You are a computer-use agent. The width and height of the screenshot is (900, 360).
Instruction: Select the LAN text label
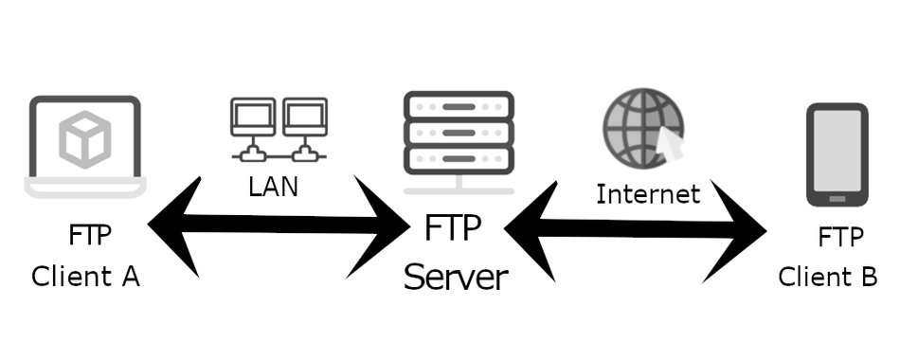[273, 187]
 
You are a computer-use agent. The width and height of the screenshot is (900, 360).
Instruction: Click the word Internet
[648, 194]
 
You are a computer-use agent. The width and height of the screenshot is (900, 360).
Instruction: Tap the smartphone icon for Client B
[837, 155]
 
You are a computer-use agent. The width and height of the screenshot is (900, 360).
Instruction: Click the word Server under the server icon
[456, 278]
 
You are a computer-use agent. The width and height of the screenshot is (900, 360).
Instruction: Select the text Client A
[85, 277]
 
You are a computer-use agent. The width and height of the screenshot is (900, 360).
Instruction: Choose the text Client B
[828, 277]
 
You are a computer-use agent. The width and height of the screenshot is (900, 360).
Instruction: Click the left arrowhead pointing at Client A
[175, 225]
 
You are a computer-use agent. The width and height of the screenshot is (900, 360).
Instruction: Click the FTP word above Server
[452, 229]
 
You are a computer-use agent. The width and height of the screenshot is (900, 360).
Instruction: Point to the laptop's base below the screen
[85, 189]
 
